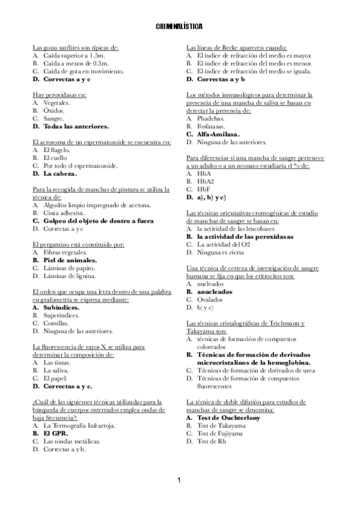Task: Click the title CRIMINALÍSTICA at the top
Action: pyautogui.click(x=178, y=27)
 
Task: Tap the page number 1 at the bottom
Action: pyautogui.click(x=179, y=480)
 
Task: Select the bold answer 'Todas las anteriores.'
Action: pyautogui.click(x=76, y=127)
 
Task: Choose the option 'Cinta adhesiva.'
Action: pyautogui.click(x=64, y=213)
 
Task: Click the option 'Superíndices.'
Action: pyautogui.click(x=64, y=315)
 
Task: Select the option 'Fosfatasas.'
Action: pyautogui.click(x=210, y=127)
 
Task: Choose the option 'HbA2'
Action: pyautogui.click(x=206, y=181)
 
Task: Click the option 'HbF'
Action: pyautogui.click(x=204, y=189)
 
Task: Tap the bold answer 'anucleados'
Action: pyautogui.click(x=216, y=291)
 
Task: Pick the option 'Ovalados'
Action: pyautogui.click(x=211, y=299)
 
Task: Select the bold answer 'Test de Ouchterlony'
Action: pyautogui.click(x=226, y=417)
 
